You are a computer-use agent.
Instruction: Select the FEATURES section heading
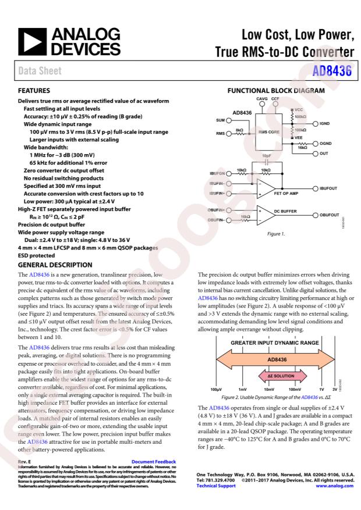pyautogui.click(x=34, y=91)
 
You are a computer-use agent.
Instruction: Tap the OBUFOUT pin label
pyautogui.click(x=330, y=215)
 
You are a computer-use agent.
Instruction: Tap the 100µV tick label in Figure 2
pyautogui.click(x=216, y=388)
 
